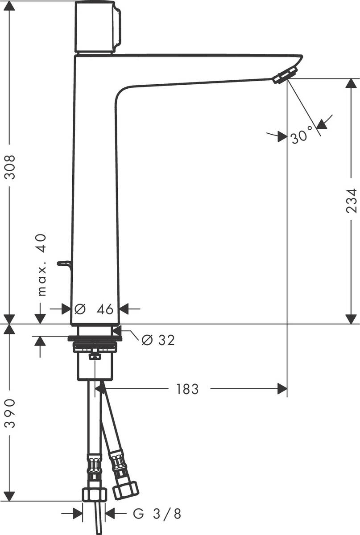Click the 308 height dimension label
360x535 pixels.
(10, 167)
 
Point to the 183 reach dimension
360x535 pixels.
(187, 389)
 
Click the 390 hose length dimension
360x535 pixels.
(10, 413)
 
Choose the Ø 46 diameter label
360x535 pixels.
(95, 309)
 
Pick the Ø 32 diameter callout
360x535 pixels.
(157, 340)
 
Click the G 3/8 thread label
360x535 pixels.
(157, 514)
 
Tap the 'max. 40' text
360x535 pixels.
(41, 265)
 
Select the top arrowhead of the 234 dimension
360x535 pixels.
(352, 84)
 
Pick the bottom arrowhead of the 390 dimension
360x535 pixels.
(10, 495)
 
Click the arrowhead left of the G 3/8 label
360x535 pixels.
(78, 514)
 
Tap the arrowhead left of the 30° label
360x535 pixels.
(281, 136)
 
